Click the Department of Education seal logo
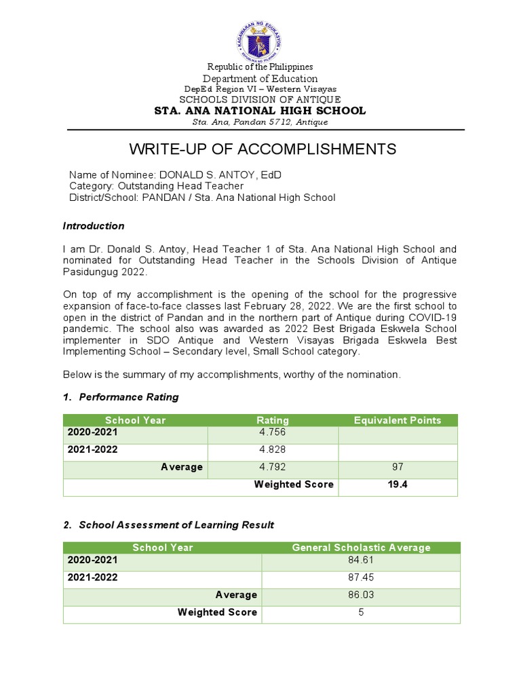260,38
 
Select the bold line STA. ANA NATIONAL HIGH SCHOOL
260,111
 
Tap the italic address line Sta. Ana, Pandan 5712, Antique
260,122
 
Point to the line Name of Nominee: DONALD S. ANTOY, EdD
175,175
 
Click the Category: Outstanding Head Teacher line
156,186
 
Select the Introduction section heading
94,226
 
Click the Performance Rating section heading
129,397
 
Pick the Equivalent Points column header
398,420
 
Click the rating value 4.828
272,451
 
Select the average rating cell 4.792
272,468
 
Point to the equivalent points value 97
398,468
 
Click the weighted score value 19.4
398,485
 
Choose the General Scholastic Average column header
361,547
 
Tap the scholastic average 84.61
361,561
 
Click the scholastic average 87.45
361,578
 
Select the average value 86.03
361,595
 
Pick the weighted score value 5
361,612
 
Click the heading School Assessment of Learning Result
176,525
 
